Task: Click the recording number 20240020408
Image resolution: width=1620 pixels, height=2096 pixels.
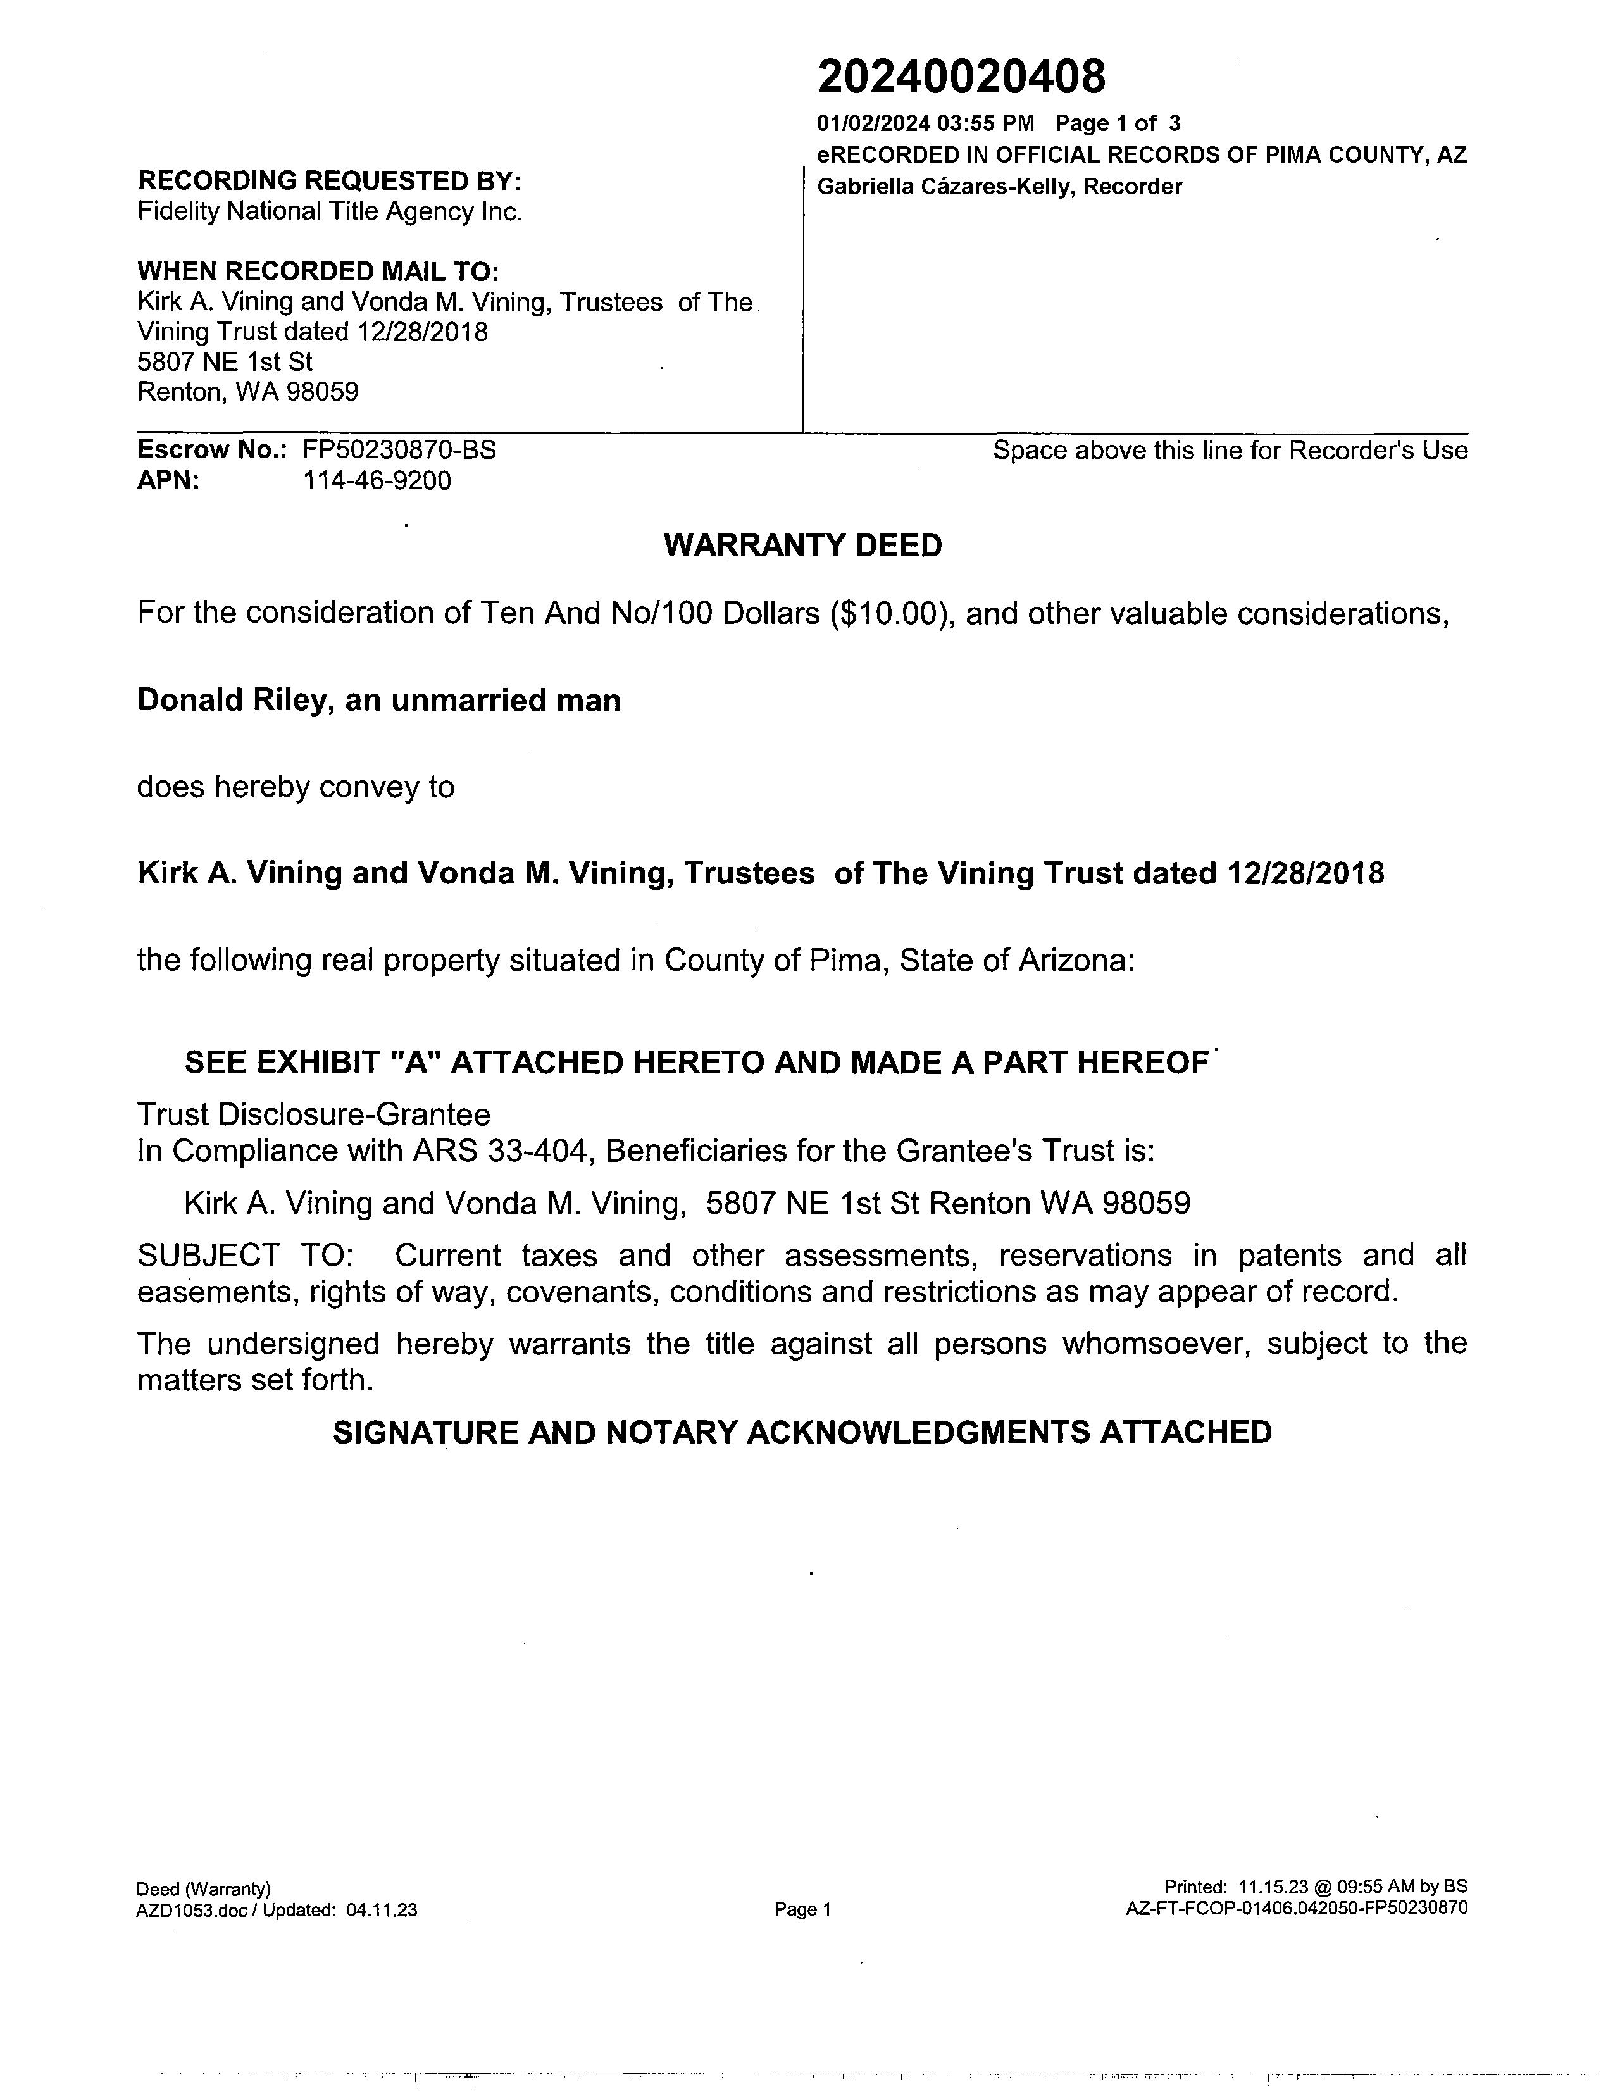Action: click(x=961, y=77)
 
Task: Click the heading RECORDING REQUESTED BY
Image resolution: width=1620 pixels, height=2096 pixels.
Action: click(x=329, y=180)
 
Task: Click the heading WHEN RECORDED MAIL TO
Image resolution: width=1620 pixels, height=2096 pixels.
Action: click(x=318, y=271)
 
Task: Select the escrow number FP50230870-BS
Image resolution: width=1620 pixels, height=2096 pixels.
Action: click(x=399, y=450)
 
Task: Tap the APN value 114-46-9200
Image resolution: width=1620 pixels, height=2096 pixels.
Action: click(x=377, y=481)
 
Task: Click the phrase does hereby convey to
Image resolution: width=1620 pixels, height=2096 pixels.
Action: click(x=296, y=787)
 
